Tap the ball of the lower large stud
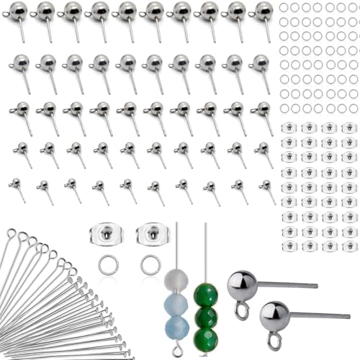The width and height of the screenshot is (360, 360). coord(274,315)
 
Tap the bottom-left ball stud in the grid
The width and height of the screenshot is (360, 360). coord(15,184)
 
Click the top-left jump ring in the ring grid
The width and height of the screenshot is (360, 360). coord(284,6)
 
